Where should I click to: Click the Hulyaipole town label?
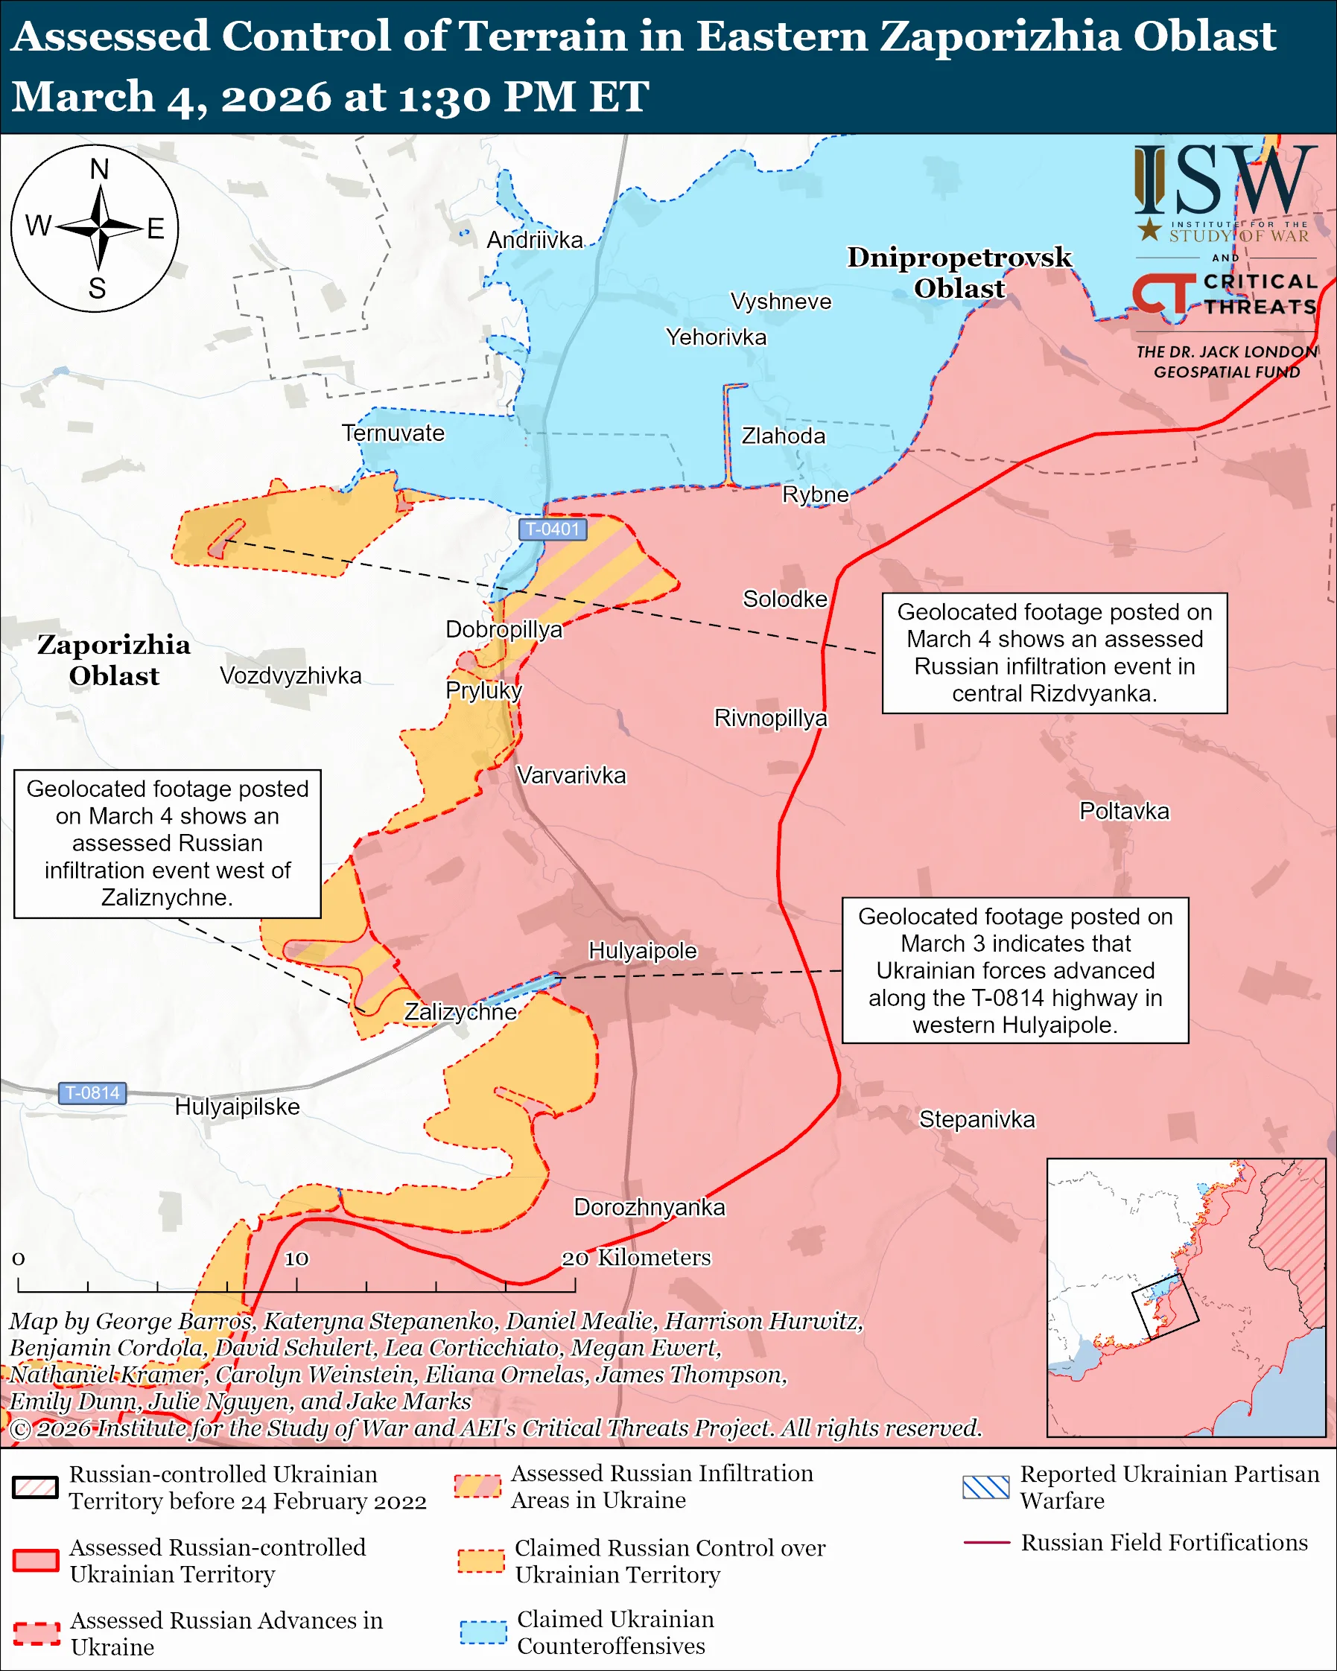(x=643, y=950)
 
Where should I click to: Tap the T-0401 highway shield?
(x=553, y=529)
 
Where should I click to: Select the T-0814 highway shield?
(x=92, y=1093)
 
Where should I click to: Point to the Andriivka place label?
(x=534, y=241)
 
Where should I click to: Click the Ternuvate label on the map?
(x=393, y=433)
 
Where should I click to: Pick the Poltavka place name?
(x=1124, y=811)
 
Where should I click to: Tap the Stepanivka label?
(x=976, y=1119)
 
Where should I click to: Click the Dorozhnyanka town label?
(x=649, y=1207)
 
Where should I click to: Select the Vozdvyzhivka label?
(x=290, y=675)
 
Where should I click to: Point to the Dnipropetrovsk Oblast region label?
(x=959, y=272)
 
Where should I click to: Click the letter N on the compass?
(x=99, y=169)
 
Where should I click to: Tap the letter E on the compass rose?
(x=155, y=229)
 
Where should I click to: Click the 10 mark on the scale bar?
(x=296, y=1258)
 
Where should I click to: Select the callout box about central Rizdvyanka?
(x=1054, y=652)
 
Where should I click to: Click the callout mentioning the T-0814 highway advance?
(x=1014, y=970)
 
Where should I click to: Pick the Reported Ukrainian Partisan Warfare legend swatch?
(x=985, y=1487)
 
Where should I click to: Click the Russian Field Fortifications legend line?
(x=986, y=1542)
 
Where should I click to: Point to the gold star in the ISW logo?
(x=1149, y=229)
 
